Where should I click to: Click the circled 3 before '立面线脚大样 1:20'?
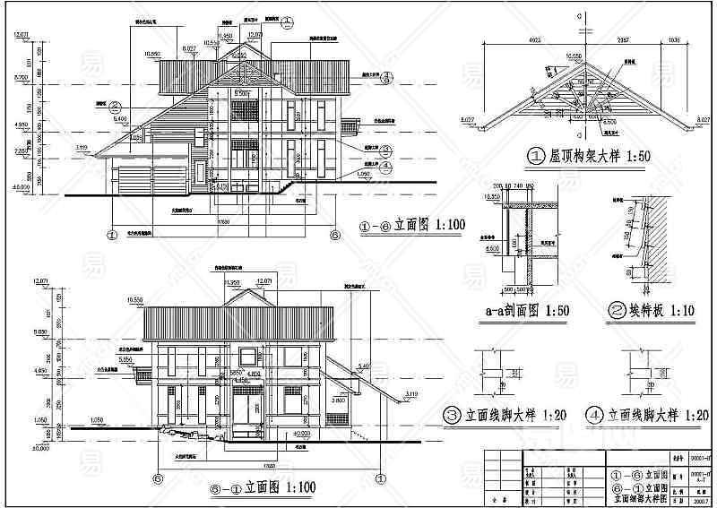(x=454, y=415)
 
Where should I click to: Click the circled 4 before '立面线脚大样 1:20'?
(x=594, y=415)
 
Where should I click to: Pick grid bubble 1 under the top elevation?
(x=113, y=236)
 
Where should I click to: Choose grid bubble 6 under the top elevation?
(x=335, y=236)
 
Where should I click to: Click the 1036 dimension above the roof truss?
(x=674, y=39)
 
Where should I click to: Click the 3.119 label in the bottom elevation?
(x=411, y=393)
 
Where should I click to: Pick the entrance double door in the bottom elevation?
(x=248, y=416)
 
